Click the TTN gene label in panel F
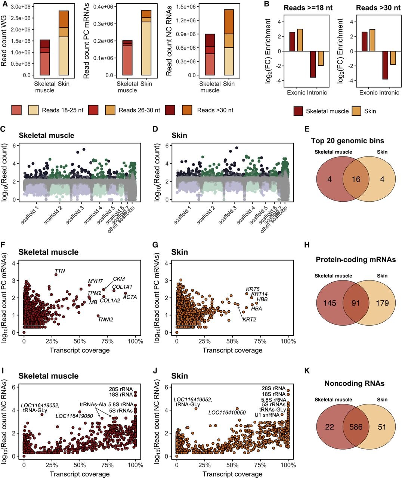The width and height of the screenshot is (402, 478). [x=60, y=271]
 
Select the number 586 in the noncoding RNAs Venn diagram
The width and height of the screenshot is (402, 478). [x=356, y=427]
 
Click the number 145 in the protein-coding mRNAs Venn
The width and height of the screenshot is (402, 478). [x=330, y=303]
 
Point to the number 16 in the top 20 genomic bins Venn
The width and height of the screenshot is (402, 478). [x=356, y=179]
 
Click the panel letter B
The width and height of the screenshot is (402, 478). [x=266, y=4]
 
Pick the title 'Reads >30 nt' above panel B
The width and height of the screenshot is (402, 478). [x=378, y=8]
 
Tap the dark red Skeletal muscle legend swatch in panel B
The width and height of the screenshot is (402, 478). [x=298, y=111]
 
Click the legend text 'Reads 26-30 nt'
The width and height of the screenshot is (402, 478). [x=139, y=110]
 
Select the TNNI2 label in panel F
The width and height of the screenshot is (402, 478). [x=106, y=319]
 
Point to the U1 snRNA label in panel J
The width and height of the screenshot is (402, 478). [x=267, y=415]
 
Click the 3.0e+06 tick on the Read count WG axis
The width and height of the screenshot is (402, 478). [x=21, y=7]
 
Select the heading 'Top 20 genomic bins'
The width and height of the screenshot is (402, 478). [x=347, y=140]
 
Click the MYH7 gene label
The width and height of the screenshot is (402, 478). [x=95, y=281]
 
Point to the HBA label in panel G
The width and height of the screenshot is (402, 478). [x=257, y=308]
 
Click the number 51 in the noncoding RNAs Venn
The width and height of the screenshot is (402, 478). [x=382, y=427]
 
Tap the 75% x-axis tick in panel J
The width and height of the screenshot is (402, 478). [x=260, y=465]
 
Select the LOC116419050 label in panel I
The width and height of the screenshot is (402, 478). [x=74, y=416]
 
